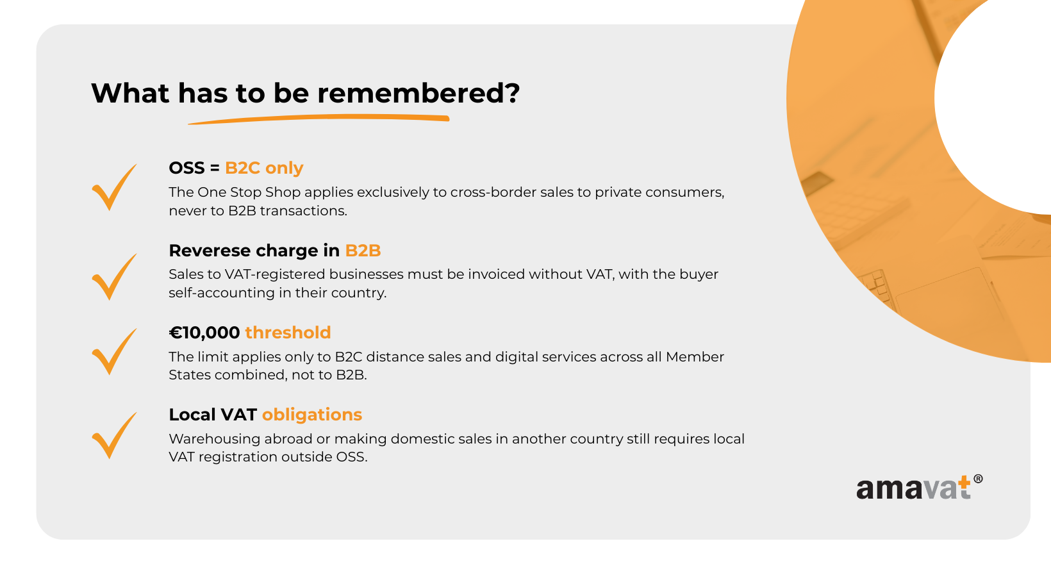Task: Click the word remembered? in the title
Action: [418, 93]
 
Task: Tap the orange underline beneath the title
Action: [319, 119]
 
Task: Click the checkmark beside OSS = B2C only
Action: [114, 187]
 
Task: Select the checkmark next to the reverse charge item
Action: [114, 277]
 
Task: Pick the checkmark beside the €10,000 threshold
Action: [114, 351]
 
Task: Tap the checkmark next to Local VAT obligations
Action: [114, 435]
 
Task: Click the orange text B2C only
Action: [264, 168]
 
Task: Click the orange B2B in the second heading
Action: [363, 251]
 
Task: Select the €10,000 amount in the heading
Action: [204, 333]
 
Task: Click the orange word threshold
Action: [288, 333]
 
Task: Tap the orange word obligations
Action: [312, 415]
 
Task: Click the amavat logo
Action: [919, 488]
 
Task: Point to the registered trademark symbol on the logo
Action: [978, 479]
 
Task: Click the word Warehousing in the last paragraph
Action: [215, 439]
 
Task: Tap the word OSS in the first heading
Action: [186, 168]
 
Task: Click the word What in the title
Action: [130, 93]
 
